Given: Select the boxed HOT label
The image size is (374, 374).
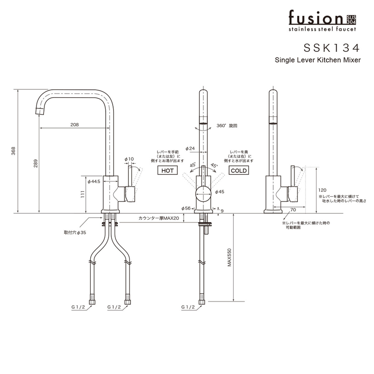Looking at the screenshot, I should [x=167, y=171].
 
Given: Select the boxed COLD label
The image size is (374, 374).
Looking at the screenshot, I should [x=238, y=171].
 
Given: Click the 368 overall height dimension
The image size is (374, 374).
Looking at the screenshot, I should [x=14, y=151].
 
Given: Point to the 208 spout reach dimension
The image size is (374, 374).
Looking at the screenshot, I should [x=75, y=125].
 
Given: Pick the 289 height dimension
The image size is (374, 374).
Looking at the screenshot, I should [x=36, y=164].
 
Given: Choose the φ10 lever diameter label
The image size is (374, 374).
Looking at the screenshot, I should [x=129, y=159].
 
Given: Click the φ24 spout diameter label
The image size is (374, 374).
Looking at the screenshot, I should [x=190, y=148].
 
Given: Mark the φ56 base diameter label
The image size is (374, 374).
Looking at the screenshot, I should [x=186, y=208].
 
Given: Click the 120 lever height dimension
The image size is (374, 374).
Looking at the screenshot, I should [x=322, y=190].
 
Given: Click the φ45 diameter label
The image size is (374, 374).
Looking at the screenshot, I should [x=220, y=192].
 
